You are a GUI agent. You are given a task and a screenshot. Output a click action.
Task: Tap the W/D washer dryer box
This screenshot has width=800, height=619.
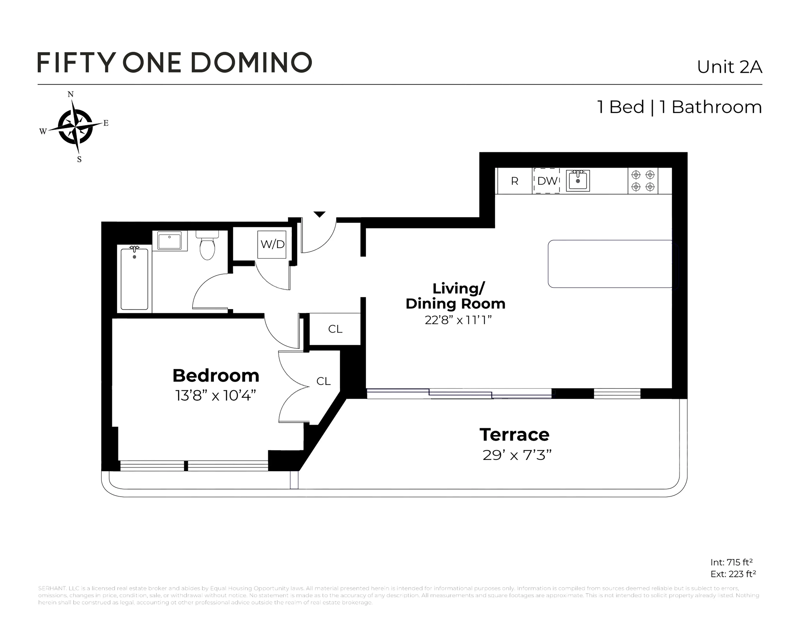point(272,244)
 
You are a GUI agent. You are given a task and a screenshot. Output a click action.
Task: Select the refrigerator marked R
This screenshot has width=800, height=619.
point(514,181)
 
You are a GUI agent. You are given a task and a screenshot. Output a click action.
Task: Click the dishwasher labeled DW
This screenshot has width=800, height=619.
point(546,181)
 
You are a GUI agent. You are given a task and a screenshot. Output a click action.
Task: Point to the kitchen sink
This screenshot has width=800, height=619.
point(578,181)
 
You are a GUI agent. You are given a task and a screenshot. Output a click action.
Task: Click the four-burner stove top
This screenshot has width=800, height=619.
point(643,181)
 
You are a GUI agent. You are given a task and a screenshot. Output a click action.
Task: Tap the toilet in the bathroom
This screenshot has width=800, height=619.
point(207,246)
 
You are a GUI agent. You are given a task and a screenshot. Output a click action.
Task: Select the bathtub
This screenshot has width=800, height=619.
point(135,279)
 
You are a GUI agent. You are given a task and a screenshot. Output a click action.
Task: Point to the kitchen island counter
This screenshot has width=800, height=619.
point(610,264)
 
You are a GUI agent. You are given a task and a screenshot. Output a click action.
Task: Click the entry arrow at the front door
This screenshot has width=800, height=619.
point(320,214)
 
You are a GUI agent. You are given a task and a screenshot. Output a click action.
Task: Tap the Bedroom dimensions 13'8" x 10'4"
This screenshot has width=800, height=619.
point(215,396)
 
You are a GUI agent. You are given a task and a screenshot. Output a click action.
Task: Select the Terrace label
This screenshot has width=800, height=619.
point(514,435)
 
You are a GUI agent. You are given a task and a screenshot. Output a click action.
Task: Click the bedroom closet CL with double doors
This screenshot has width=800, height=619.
point(323,381)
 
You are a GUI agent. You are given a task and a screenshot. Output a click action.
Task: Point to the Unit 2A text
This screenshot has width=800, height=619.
point(729,67)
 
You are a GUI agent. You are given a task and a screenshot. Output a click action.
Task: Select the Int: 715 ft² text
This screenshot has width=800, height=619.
point(731,562)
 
